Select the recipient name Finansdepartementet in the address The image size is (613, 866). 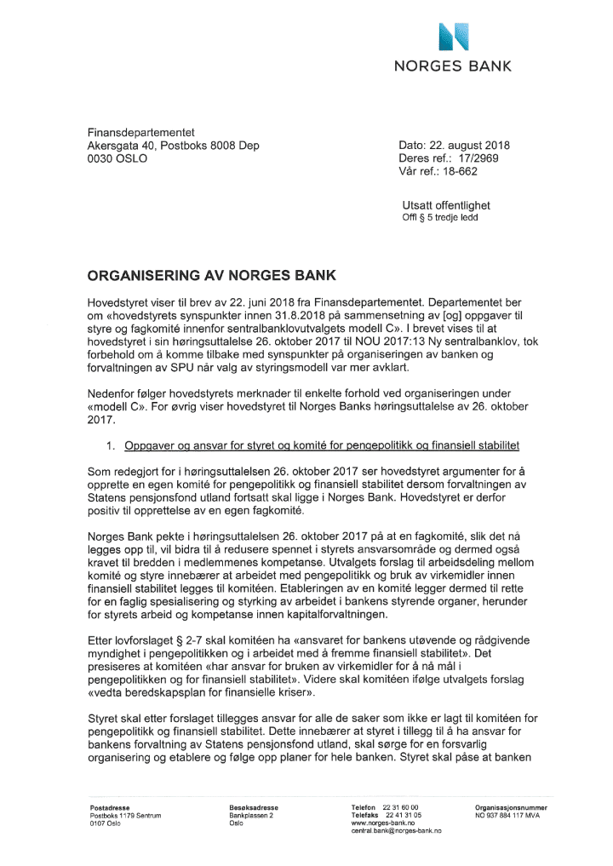(142, 133)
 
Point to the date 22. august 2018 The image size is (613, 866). (473, 146)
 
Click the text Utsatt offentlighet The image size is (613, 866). (446, 205)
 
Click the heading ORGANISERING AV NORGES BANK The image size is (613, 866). (213, 275)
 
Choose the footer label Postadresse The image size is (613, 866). (110, 806)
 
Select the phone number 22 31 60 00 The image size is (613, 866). (400, 806)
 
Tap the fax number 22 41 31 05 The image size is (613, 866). (400, 814)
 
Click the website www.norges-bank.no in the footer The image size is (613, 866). (382, 822)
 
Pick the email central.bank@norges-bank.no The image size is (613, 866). (399, 829)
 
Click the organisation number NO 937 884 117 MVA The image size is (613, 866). (511, 814)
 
